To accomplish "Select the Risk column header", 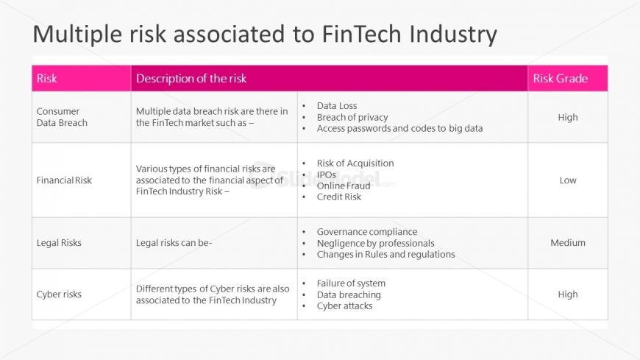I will pyautogui.click(x=47, y=78).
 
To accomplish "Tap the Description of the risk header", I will pyautogui.click(x=191, y=78).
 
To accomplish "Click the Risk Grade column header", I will pyautogui.click(x=561, y=78).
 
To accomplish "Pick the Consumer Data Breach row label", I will pyautogui.click(x=62, y=117).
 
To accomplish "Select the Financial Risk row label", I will pyautogui.click(x=64, y=180).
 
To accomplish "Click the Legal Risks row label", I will pyautogui.click(x=59, y=243).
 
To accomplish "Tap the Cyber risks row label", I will pyautogui.click(x=59, y=294).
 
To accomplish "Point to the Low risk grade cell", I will pyautogui.click(x=568, y=180).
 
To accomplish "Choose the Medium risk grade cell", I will pyautogui.click(x=568, y=243).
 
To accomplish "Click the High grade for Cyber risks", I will pyautogui.click(x=568, y=294).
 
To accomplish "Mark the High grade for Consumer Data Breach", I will pyautogui.click(x=568, y=117).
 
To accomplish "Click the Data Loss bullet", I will pyautogui.click(x=337, y=106).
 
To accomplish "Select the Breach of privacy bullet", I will pyautogui.click(x=352, y=117).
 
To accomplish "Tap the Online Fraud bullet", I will pyautogui.click(x=344, y=186).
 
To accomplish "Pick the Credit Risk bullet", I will pyautogui.click(x=339, y=197).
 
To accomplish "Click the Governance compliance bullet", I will pyautogui.click(x=367, y=232).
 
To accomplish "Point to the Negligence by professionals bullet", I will pyautogui.click(x=375, y=243).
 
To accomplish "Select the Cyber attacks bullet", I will pyautogui.click(x=345, y=306).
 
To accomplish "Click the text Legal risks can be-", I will pyautogui.click(x=174, y=243).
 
